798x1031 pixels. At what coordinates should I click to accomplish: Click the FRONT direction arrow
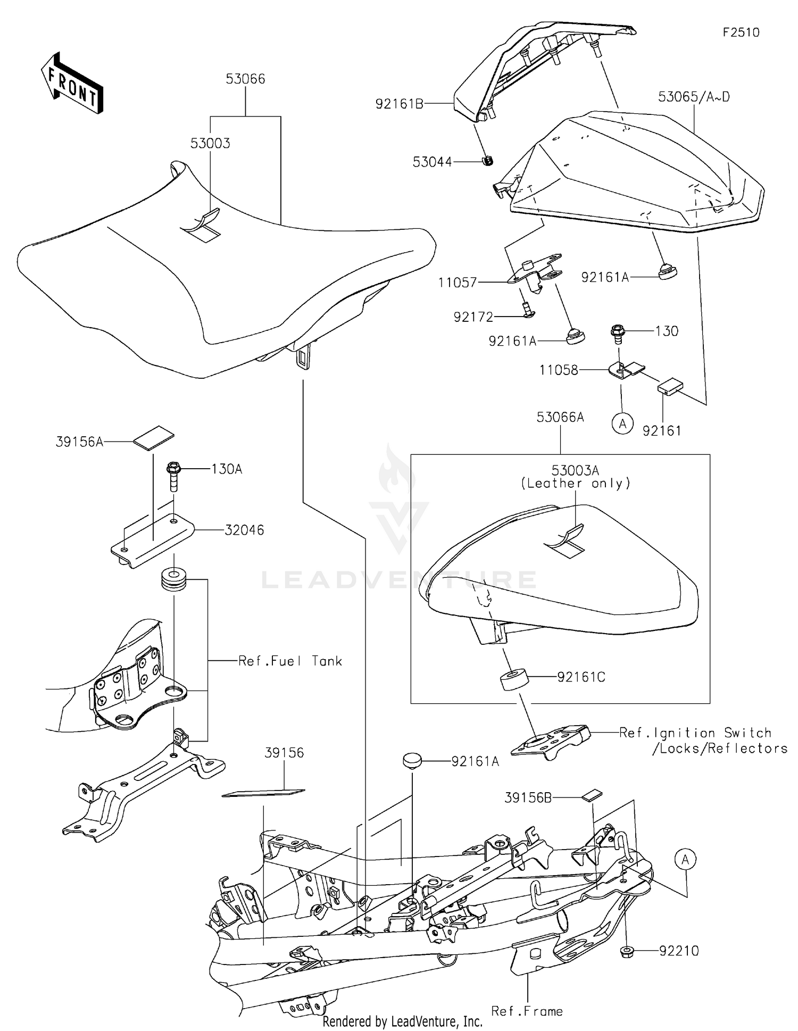tap(72, 84)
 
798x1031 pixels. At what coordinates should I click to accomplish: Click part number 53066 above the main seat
tap(245, 79)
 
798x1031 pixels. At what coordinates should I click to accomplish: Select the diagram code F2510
tap(741, 32)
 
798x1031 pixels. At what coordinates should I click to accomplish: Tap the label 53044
tap(432, 162)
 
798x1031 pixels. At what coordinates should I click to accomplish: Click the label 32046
tap(244, 530)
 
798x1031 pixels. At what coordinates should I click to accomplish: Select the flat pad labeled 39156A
tap(154, 436)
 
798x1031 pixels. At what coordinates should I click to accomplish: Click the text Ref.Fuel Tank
tap(289, 661)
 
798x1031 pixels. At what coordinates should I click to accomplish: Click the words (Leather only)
tap(576, 483)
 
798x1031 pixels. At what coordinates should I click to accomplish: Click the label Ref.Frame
tap(527, 1011)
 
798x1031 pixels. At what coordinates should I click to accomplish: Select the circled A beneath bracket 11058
tap(622, 423)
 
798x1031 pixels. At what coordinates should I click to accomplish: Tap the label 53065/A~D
tap(694, 97)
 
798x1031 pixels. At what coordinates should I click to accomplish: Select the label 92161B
tap(399, 104)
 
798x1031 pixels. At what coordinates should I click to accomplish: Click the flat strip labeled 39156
tap(263, 793)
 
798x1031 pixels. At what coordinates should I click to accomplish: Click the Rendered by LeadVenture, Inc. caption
tap(402, 1021)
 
